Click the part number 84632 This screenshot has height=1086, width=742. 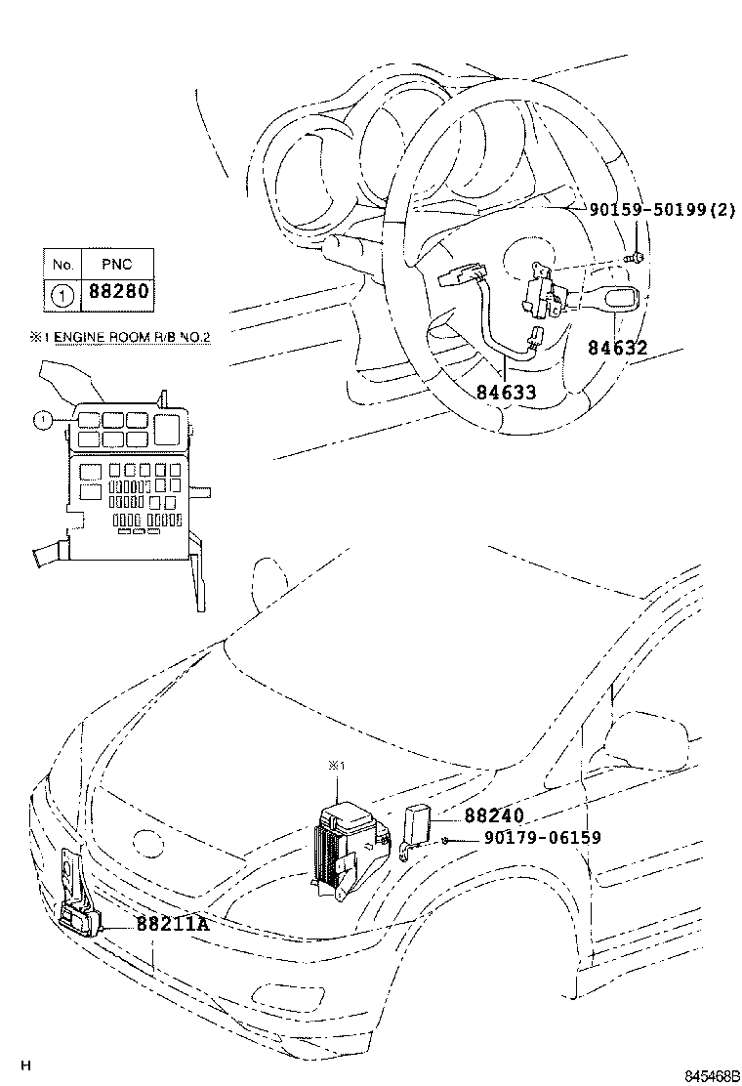[617, 348]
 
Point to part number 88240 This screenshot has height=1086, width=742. [494, 815]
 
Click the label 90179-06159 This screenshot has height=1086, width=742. [542, 838]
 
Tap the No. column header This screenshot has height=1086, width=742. [62, 265]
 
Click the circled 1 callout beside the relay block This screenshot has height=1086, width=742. [40, 421]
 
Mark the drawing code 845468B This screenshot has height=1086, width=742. [709, 1075]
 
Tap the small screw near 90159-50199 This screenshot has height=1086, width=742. [636, 257]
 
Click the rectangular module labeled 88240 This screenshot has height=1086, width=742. [418, 820]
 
